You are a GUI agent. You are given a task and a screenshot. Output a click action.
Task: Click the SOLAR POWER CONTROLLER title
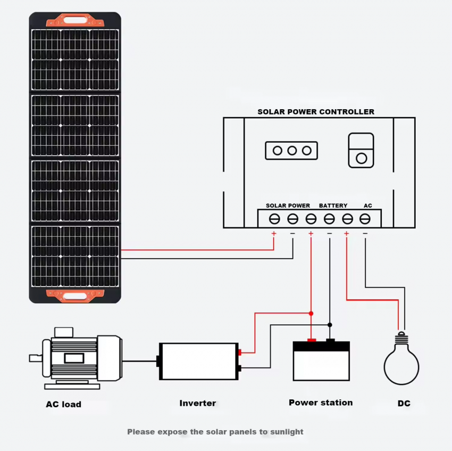tap(316, 112)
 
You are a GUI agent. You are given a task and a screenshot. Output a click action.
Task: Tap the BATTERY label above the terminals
tap(333, 206)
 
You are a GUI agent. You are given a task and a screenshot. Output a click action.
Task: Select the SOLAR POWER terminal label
tap(288, 206)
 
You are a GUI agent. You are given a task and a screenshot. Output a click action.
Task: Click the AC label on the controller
tap(367, 206)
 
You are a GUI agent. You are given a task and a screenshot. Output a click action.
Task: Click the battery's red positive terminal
tap(311, 340)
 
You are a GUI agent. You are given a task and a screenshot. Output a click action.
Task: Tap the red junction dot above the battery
tap(311, 313)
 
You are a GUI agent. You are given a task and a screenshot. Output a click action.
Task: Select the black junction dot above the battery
tap(330, 325)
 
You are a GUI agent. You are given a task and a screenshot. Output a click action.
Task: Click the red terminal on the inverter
tap(239, 352)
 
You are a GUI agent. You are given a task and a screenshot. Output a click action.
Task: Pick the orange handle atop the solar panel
tap(75, 20)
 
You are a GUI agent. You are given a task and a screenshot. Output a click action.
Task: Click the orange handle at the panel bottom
tap(75, 296)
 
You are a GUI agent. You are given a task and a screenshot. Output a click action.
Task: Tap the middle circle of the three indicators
tap(292, 151)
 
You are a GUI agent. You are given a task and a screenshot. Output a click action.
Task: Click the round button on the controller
tap(361, 158)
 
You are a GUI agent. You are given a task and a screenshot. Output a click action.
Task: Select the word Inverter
tap(197, 403)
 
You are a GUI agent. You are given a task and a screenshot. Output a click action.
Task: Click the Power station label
tap(321, 403)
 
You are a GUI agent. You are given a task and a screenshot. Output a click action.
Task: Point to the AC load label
tap(63, 404)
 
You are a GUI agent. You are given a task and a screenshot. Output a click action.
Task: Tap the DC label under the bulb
tap(404, 404)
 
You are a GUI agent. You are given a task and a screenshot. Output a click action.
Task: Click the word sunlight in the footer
tap(287, 432)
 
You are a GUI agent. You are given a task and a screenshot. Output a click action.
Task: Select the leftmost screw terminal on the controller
tap(274, 219)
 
